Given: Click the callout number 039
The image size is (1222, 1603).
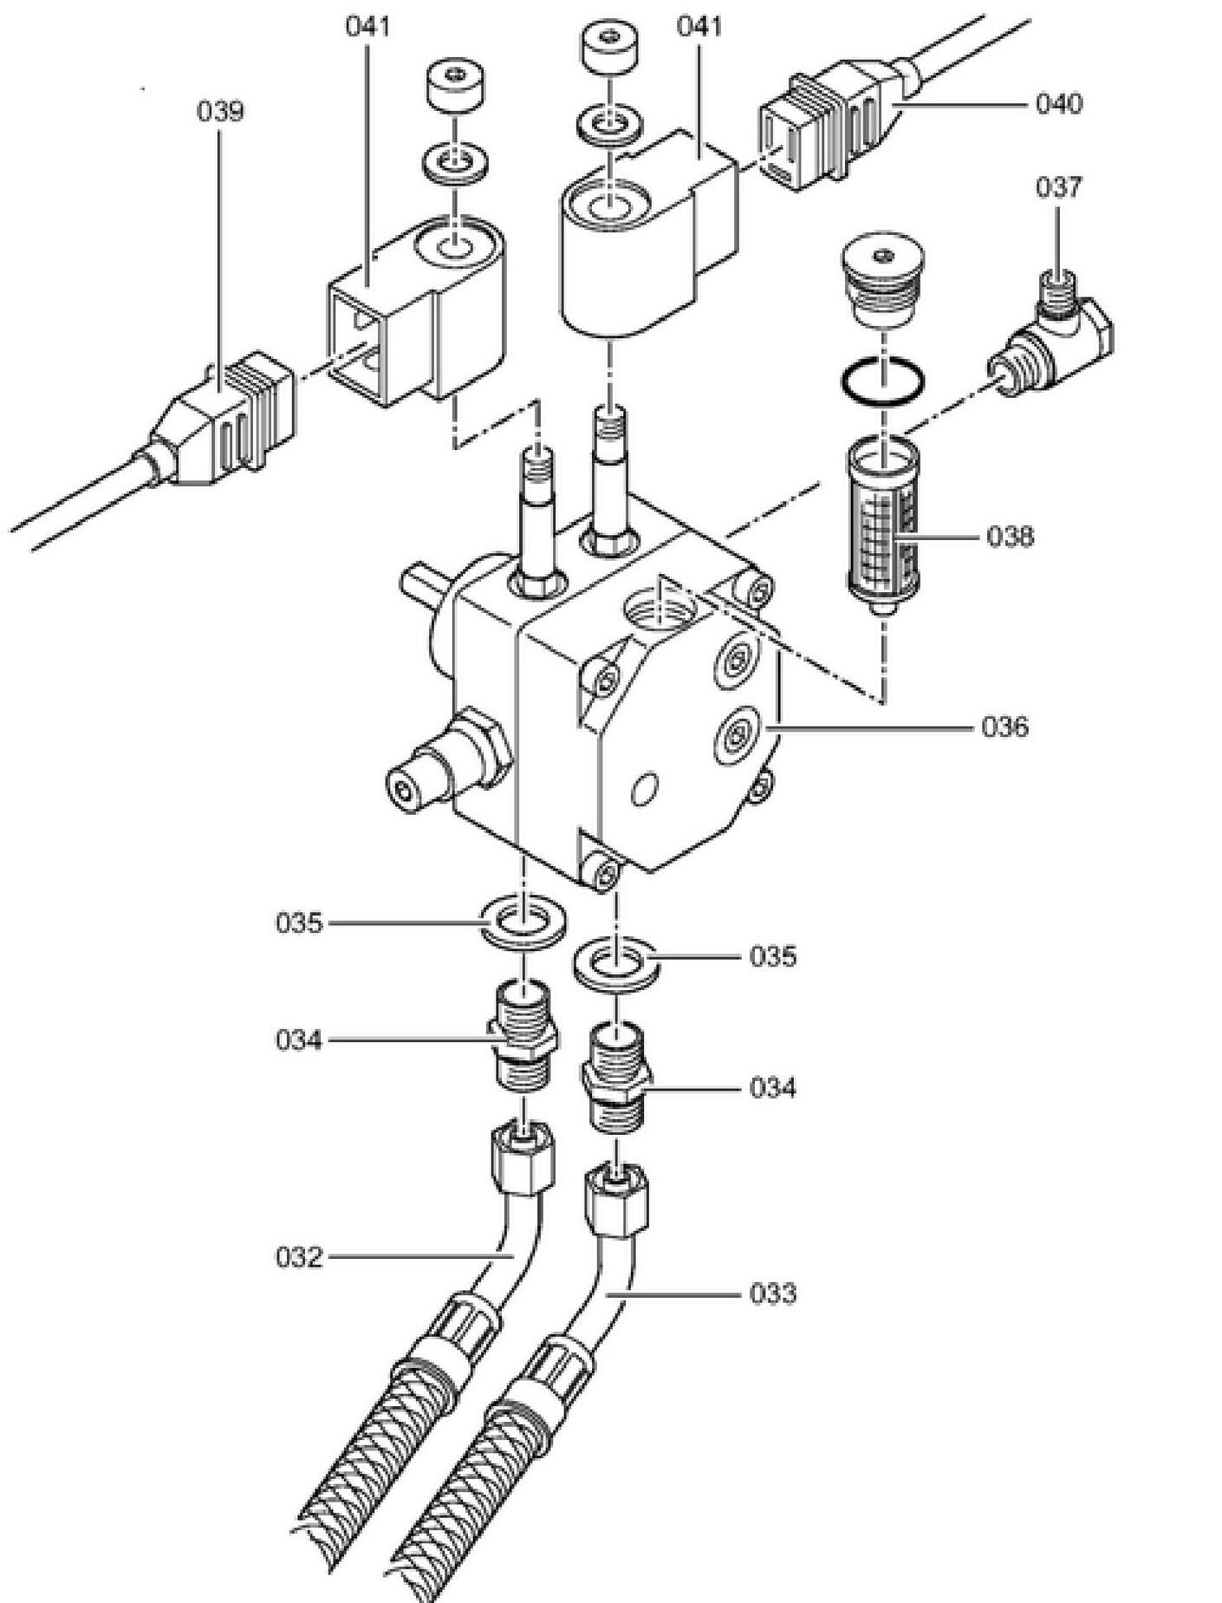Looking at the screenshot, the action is tap(220, 112).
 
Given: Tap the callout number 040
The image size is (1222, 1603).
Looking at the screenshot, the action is tap(1059, 104).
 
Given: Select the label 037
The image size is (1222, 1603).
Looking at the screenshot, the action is tap(1058, 187).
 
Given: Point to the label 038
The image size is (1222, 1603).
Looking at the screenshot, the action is tap(1011, 537).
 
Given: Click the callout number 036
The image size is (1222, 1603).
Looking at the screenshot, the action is tap(1005, 727).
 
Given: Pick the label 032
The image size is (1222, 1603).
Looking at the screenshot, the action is tap(299, 1257).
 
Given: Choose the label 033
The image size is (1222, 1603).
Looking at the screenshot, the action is tap(772, 1294).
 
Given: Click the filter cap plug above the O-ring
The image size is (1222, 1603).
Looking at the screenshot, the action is tap(882, 280).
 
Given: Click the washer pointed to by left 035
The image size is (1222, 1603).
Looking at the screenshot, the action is tap(523, 922).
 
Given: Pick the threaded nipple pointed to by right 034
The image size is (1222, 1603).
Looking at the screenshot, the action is tap(615, 1077).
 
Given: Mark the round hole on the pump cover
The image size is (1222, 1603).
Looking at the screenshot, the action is tap(645, 790).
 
